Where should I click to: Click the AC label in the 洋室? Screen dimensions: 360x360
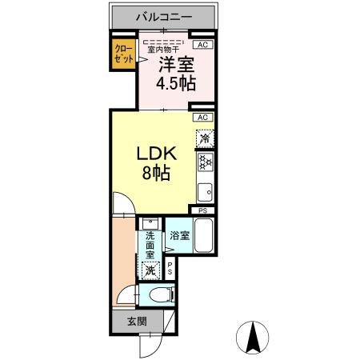pos(203,45)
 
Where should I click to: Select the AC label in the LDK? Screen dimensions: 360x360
pos(203,118)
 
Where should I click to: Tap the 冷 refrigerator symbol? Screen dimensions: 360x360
pos(205,138)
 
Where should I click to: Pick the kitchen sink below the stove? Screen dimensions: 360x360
pos(205,192)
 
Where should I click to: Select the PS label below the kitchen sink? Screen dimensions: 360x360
pos(203,211)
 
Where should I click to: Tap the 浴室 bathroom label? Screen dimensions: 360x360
pos(179,235)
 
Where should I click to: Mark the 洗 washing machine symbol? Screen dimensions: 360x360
pos(150,269)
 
